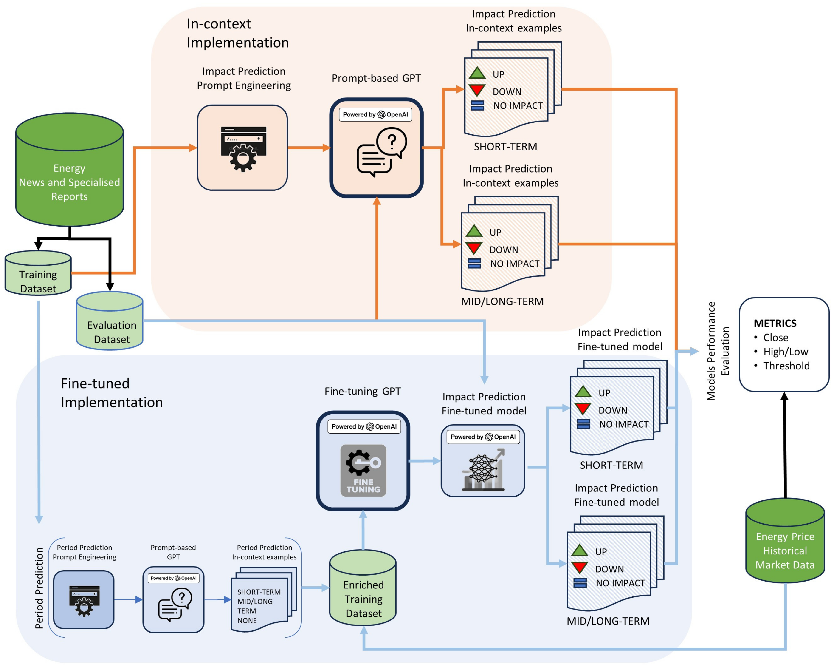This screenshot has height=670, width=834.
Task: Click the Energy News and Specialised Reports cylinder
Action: [69, 170]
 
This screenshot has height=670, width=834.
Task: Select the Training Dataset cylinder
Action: [38, 275]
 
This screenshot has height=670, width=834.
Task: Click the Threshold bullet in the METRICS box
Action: [786, 366]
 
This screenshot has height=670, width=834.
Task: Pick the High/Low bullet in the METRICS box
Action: [785, 352]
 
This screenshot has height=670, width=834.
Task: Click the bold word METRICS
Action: [775, 323]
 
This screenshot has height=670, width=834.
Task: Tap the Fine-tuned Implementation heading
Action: [111, 393]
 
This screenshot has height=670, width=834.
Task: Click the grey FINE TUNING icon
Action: [363, 470]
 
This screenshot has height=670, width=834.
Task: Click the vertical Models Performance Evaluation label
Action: [718, 351]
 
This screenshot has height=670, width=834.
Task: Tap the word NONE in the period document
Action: [247, 620]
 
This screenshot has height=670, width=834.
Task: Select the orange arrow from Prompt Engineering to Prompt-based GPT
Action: [309, 148]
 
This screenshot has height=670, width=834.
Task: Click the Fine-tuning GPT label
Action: [362, 391]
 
